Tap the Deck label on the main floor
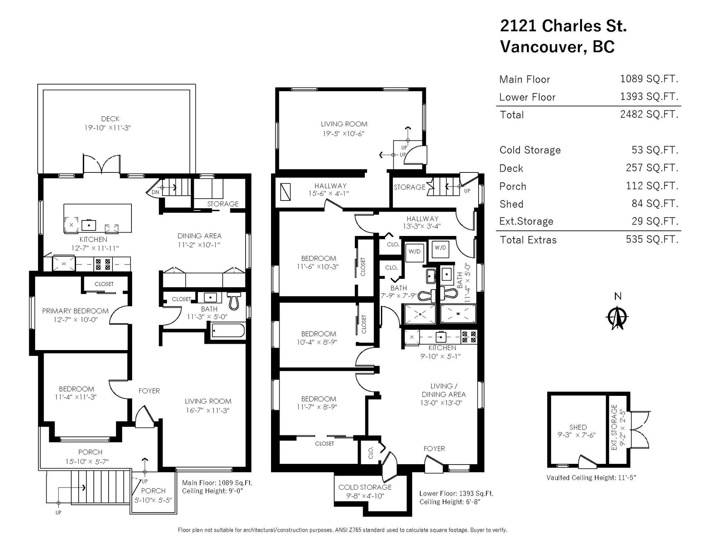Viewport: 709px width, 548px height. click(x=110, y=119)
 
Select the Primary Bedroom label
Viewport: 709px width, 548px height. click(x=75, y=311)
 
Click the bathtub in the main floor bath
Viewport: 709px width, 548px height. click(x=228, y=330)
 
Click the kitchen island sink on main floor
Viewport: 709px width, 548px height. click(x=89, y=225)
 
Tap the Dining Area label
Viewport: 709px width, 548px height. click(x=199, y=236)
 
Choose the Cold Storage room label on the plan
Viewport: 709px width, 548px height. click(x=365, y=487)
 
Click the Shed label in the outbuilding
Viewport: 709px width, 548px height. click(x=578, y=427)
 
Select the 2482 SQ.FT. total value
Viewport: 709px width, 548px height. click(x=649, y=114)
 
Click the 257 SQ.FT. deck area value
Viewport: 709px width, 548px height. click(x=652, y=168)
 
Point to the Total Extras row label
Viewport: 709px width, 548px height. click(x=528, y=240)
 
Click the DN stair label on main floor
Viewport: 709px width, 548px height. click(x=155, y=192)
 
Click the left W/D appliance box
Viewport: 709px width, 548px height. click(x=414, y=251)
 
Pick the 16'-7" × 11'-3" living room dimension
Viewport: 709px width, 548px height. click(x=208, y=410)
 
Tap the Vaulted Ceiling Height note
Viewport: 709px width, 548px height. click(x=591, y=477)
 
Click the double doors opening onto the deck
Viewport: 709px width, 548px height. click(x=102, y=164)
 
